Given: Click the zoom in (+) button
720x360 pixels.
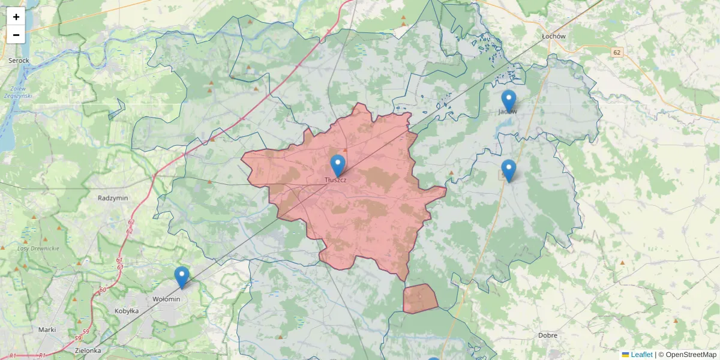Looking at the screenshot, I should [16, 17].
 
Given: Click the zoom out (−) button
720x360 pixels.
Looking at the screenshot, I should [16, 35].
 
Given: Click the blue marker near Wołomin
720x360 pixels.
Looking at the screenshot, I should [182, 277].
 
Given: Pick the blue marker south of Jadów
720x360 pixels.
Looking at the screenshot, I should [509, 170].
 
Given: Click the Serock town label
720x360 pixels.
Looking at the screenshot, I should [19, 61].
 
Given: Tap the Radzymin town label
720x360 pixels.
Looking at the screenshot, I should [110, 197].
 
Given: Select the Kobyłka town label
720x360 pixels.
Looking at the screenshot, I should [127, 311].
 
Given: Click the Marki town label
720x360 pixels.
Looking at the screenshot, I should [47, 329].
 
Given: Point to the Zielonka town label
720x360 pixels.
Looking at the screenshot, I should [88, 350].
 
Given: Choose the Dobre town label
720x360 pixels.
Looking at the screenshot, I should [548, 335].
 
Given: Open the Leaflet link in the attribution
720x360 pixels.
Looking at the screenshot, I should [641, 355].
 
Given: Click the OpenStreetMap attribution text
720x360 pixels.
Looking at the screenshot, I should [691, 355].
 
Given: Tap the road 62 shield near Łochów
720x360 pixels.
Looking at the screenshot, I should [617, 53].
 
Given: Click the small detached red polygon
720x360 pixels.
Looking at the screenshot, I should [420, 298].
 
